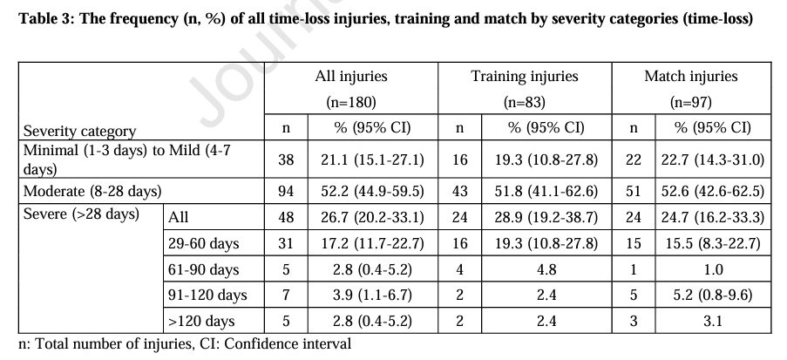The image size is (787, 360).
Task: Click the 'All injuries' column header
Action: (x=350, y=77)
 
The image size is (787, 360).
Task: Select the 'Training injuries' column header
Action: (x=524, y=77)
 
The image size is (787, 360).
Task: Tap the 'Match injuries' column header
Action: (x=690, y=77)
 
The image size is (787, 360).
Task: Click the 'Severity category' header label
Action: (x=79, y=131)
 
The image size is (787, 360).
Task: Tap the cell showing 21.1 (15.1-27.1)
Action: (x=373, y=160)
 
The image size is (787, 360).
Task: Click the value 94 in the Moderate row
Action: (x=288, y=189)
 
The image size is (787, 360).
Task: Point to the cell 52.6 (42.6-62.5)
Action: (x=713, y=189)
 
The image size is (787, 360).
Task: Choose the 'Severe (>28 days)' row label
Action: (x=80, y=214)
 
